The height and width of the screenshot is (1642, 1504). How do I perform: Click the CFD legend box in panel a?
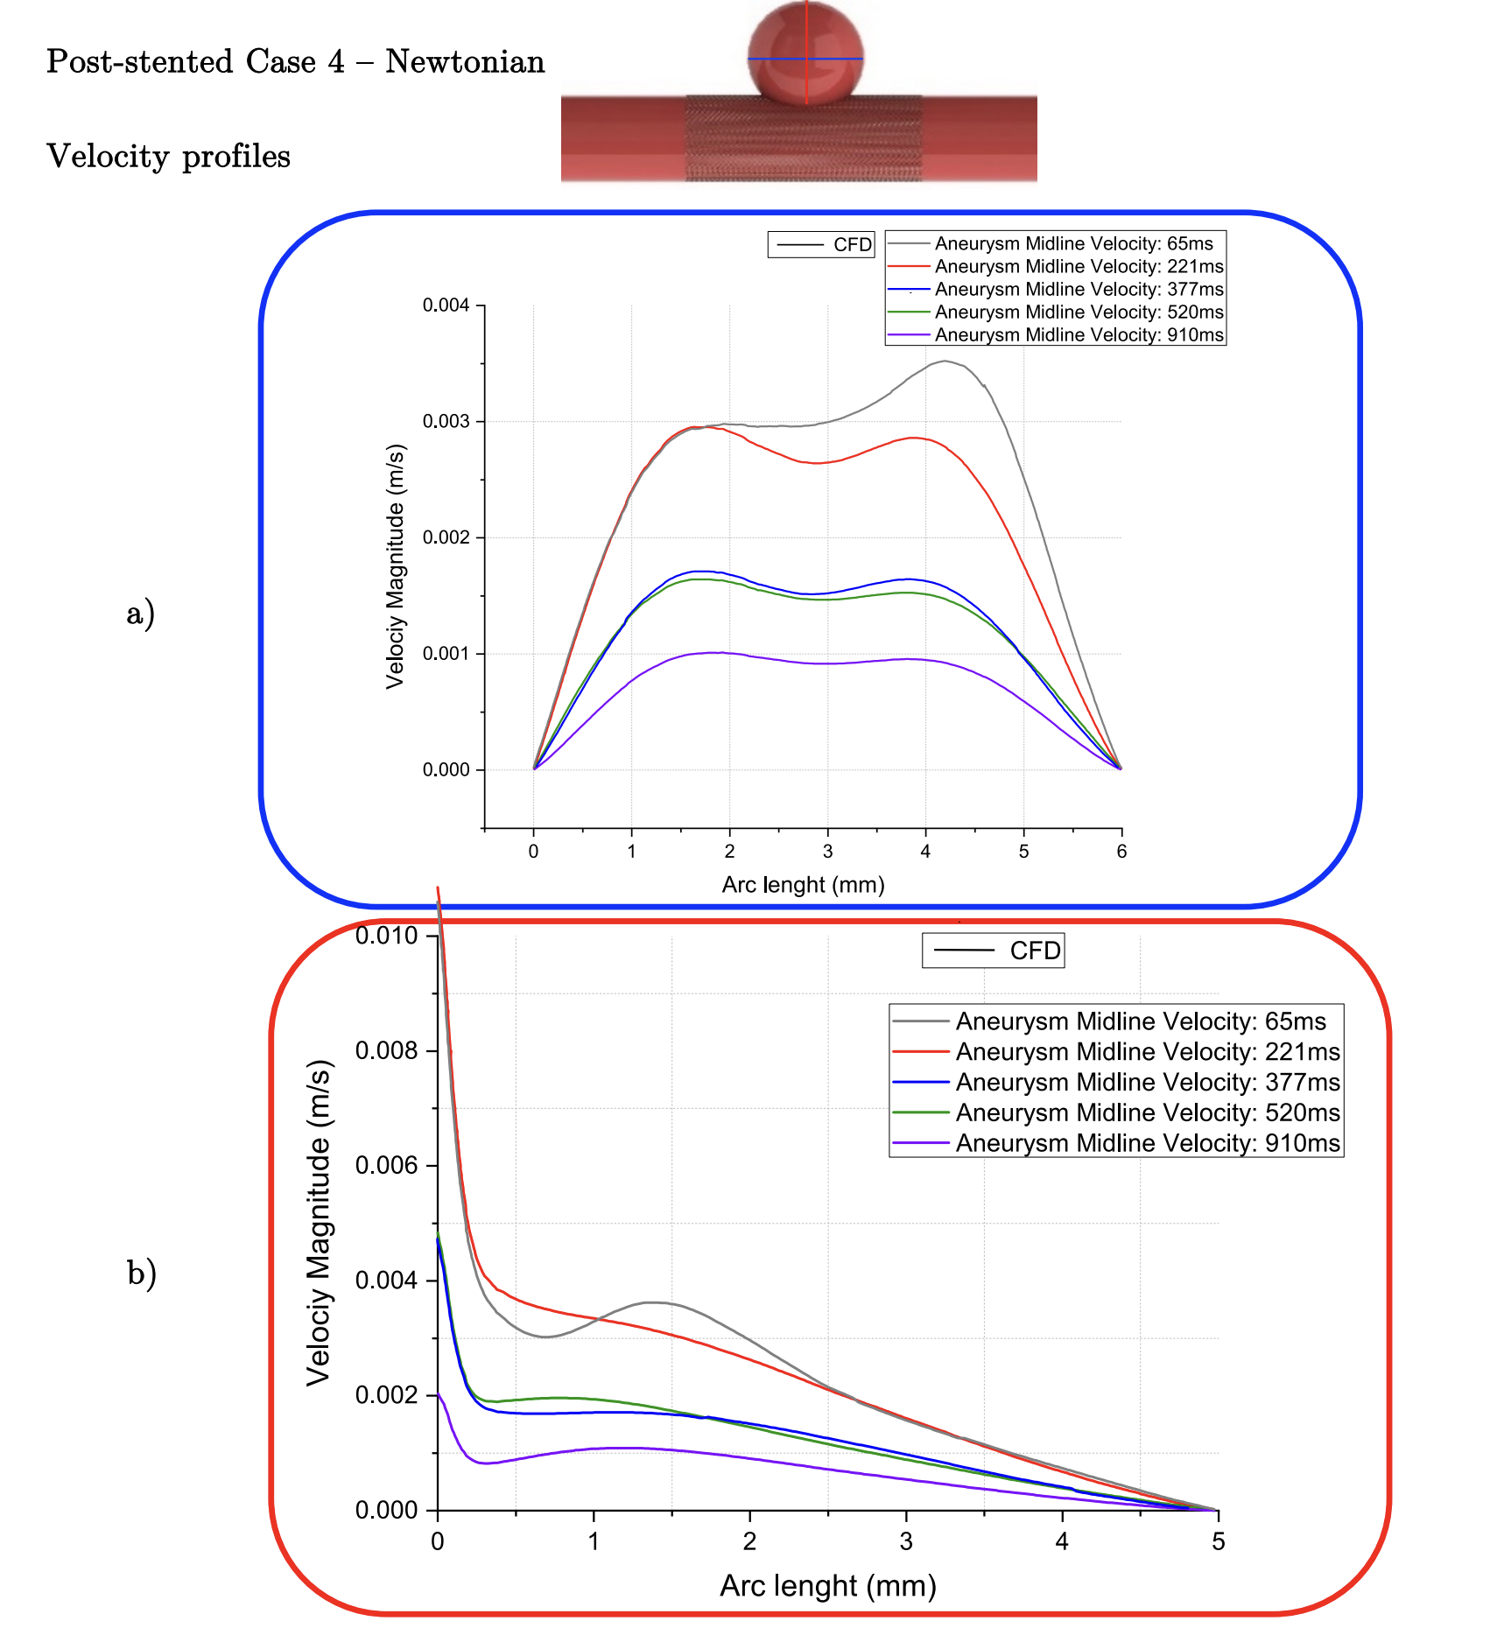pyautogui.click(x=821, y=244)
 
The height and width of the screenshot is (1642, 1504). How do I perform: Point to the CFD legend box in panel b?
pyautogui.click(x=993, y=951)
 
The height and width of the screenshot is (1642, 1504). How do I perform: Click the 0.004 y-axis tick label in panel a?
pyautogui.click(x=446, y=305)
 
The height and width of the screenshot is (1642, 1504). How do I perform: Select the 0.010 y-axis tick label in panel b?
pyautogui.click(x=386, y=936)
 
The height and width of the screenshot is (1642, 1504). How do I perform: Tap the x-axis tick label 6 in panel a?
pyautogui.click(x=1121, y=852)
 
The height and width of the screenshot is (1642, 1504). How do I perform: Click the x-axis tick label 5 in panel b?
pyautogui.click(x=1218, y=1541)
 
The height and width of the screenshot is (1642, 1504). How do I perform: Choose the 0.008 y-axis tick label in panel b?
pyautogui.click(x=386, y=1050)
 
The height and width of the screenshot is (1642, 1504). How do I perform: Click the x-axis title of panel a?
pyautogui.click(x=803, y=885)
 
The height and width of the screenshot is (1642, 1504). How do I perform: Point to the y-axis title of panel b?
pyautogui.click(x=319, y=1223)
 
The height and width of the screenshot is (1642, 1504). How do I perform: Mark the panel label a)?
pyautogui.click(x=140, y=613)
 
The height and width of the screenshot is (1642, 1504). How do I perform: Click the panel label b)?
pyautogui.click(x=141, y=1273)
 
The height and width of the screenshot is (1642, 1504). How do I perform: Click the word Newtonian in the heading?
pyautogui.click(x=465, y=62)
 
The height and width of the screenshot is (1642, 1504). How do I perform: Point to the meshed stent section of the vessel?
pyautogui.click(x=803, y=140)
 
